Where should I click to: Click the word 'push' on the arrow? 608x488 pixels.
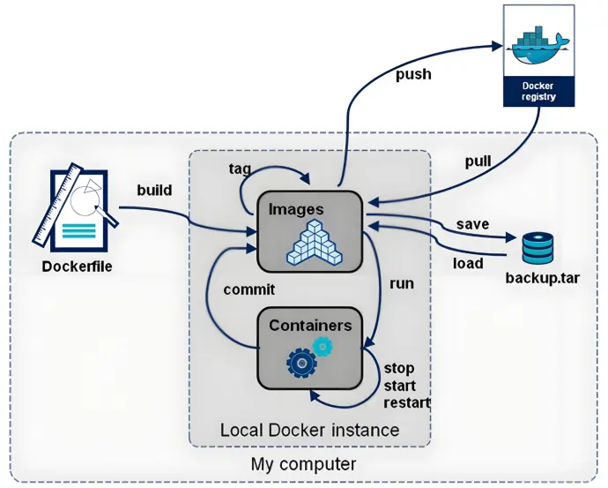[x=413, y=74]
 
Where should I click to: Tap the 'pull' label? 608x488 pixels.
[x=478, y=162]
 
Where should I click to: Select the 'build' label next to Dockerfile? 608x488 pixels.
[x=154, y=190]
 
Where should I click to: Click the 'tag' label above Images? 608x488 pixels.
[x=240, y=168]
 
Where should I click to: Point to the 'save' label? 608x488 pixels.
[x=472, y=224]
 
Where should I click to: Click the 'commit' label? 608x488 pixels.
[x=249, y=289]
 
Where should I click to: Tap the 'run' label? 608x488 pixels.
[x=402, y=284]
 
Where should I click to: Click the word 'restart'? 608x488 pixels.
[x=407, y=402]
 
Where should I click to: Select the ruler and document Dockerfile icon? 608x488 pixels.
[x=76, y=207]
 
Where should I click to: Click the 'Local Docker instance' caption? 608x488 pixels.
[x=309, y=431]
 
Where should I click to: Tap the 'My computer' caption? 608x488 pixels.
[x=304, y=464]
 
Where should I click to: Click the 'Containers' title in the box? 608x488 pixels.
[x=310, y=325]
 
